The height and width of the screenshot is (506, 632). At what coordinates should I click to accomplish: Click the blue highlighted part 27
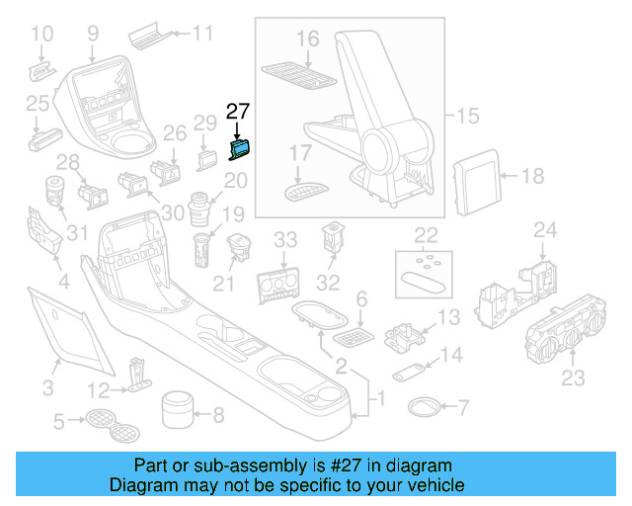pyautogui.click(x=240, y=148)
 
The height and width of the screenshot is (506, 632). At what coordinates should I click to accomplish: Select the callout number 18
pyautogui.click(x=532, y=178)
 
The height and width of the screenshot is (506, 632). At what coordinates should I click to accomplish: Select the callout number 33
pyautogui.click(x=285, y=239)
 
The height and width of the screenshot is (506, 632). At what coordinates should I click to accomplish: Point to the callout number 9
pyautogui.click(x=93, y=33)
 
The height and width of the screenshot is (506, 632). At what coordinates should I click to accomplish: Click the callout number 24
pyautogui.click(x=545, y=231)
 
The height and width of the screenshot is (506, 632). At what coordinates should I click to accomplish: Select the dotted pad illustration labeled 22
pyautogui.click(x=426, y=272)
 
